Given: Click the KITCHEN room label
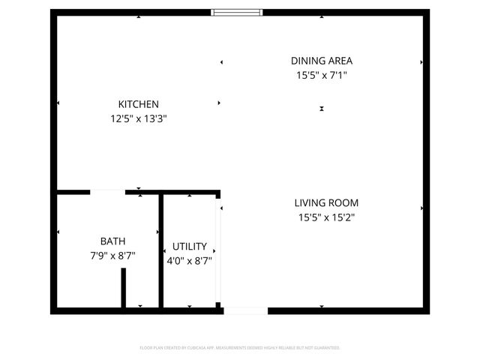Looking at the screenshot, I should click(139, 104).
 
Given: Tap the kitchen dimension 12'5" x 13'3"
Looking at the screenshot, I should click(139, 118).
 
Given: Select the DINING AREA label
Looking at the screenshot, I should click(322, 61).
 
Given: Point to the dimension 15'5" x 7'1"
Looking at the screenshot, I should click(322, 75).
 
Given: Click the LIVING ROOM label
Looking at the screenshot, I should click(326, 202).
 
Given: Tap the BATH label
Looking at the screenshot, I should click(112, 241).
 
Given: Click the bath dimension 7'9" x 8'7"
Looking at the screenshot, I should click(112, 255).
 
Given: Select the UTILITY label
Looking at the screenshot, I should click(190, 246).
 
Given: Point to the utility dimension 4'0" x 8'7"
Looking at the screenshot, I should click(190, 260).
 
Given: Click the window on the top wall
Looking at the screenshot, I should click(237, 12).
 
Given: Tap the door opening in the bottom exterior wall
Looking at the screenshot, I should click(245, 310).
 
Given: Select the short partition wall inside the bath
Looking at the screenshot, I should click(124, 287).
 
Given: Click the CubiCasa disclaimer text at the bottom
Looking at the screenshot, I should click(240, 348).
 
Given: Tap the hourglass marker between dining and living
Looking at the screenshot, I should click(322, 109).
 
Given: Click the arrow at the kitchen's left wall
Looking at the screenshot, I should click(58, 103).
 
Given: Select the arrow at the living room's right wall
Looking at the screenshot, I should click(422, 208).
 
